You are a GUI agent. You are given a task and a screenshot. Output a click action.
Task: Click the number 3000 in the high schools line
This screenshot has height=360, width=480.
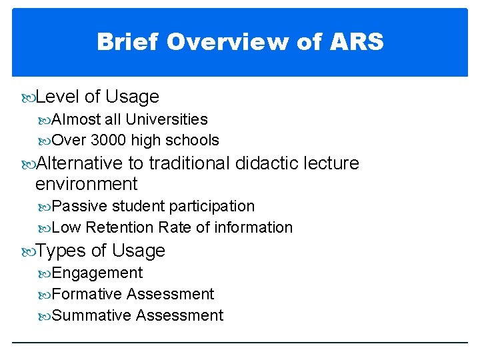(x=109, y=140)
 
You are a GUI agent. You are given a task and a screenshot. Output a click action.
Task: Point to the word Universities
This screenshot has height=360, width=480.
(x=167, y=119)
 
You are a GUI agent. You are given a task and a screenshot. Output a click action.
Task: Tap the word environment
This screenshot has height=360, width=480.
(x=86, y=184)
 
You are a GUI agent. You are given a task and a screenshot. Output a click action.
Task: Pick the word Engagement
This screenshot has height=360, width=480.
(x=97, y=273)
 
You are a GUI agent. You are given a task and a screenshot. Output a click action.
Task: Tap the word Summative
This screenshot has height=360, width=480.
(x=91, y=315)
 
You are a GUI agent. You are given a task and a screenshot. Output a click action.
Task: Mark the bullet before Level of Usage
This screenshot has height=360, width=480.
(x=28, y=97)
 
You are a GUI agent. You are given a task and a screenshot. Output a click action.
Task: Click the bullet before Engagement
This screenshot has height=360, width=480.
(x=45, y=273)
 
